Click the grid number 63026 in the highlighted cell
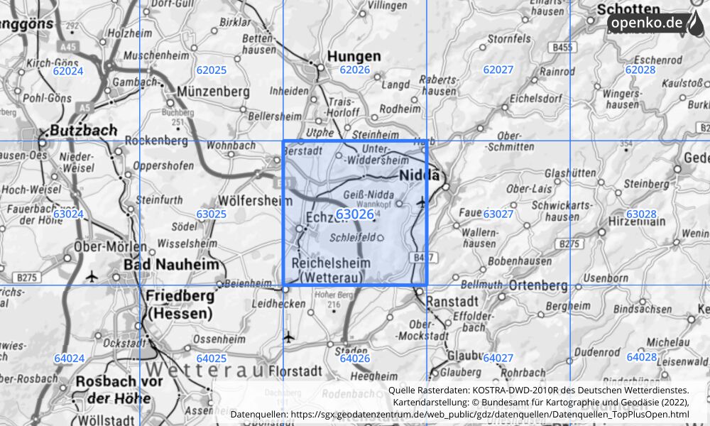tap(355, 214)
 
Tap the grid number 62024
tap(68, 70)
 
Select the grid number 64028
tap(641, 357)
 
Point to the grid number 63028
tap(641, 214)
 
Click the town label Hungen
tap(354, 55)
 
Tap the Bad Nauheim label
tap(171, 264)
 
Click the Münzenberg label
tap(214, 92)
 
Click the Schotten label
tap(628, 10)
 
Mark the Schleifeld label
tap(353, 238)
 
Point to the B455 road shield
tap(562, 48)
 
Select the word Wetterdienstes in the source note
tap(652, 390)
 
